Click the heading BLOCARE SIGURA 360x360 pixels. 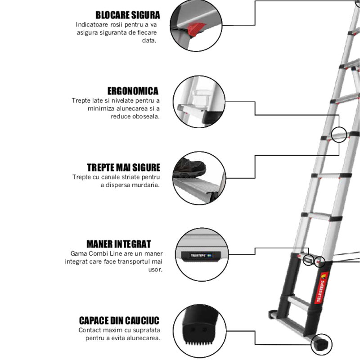(127, 15)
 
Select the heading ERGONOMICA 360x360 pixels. (133, 91)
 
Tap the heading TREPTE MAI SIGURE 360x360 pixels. (123, 168)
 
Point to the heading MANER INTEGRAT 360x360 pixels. (118, 244)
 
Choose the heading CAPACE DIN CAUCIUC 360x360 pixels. (119, 321)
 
